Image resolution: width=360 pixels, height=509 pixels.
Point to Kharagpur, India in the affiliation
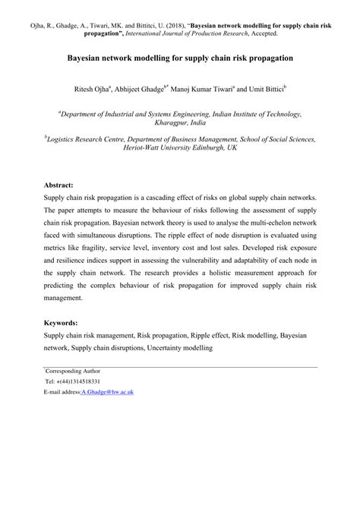tap(180, 122)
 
